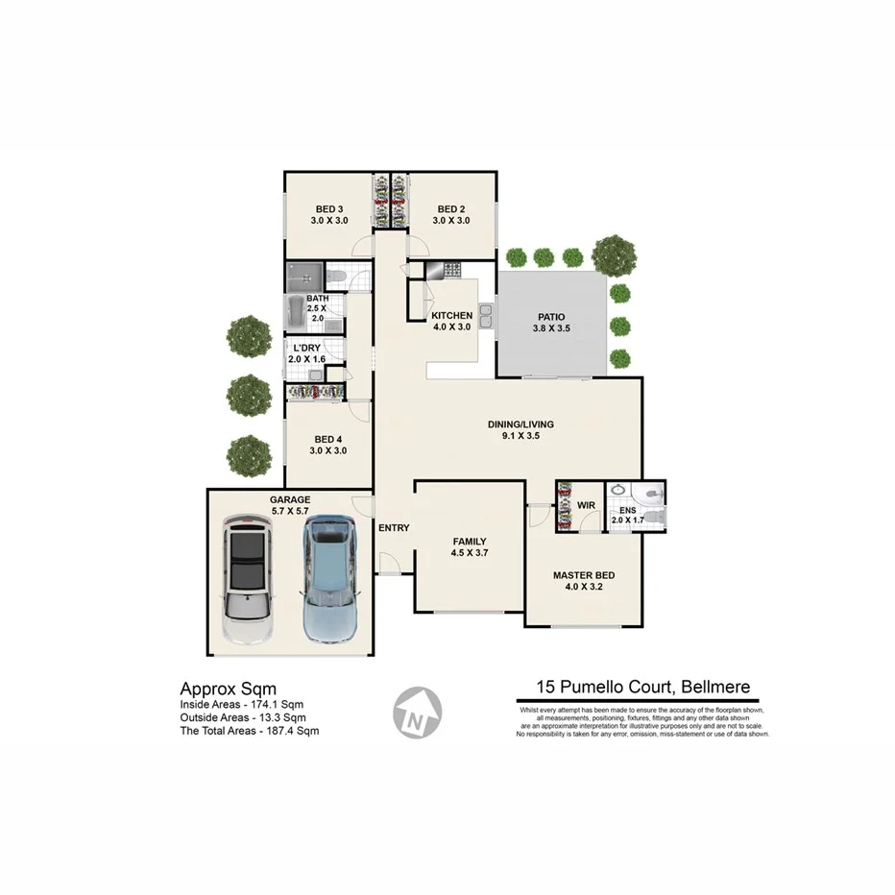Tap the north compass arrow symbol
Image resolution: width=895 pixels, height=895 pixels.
(x=417, y=714)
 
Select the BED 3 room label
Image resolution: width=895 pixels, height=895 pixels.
(x=329, y=215)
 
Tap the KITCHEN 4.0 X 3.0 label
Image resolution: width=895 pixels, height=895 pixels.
(x=451, y=321)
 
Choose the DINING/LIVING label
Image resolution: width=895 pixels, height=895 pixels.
(x=521, y=429)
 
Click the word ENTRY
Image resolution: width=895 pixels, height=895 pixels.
(x=394, y=528)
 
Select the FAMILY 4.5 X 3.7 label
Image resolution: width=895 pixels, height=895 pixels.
(x=470, y=546)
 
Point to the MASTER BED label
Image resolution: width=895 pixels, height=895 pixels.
(x=583, y=581)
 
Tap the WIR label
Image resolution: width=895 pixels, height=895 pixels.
(x=586, y=505)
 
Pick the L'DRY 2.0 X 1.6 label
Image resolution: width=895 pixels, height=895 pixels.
(x=307, y=353)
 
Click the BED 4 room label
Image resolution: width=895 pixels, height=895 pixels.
(x=327, y=445)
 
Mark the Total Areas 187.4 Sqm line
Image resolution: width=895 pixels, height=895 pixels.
(x=250, y=731)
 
